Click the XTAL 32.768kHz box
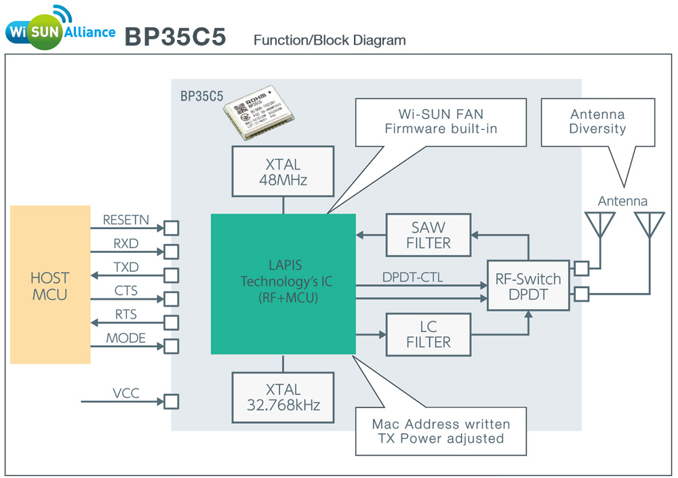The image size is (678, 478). (283, 397)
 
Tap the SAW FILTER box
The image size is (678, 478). (428, 235)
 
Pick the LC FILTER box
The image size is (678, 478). (428, 335)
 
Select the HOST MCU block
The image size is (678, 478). (50, 285)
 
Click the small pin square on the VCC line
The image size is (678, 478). (172, 401)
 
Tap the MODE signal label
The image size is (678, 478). (126, 338)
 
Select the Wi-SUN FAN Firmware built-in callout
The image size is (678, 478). (441, 122)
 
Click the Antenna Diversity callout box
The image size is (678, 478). (597, 122)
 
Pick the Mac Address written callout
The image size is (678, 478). (441, 431)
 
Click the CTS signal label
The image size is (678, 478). (126, 291)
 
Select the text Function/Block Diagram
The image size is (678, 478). (330, 40)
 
